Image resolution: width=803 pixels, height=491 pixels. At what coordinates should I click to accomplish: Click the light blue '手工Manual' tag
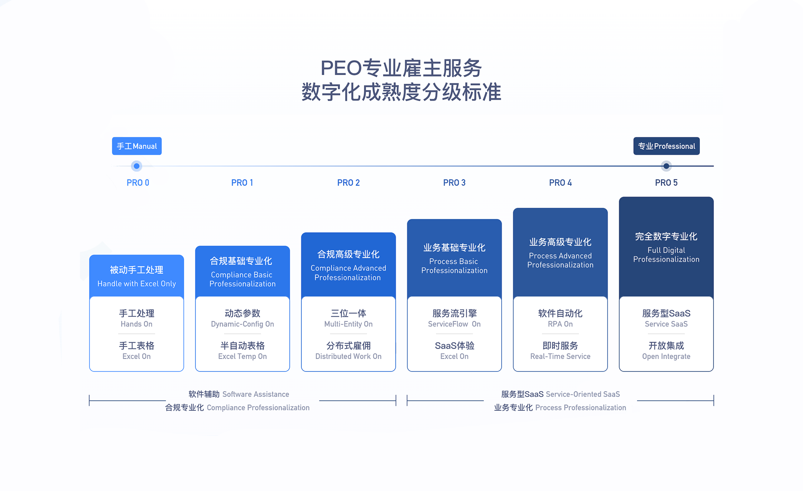[x=137, y=146]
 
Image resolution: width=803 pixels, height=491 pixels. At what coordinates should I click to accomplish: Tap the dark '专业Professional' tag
[x=667, y=146]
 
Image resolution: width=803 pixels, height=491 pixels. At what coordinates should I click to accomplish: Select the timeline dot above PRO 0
[x=137, y=166]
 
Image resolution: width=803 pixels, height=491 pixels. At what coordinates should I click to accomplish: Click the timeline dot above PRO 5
[x=666, y=166]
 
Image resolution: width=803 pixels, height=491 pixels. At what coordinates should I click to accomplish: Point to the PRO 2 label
[x=348, y=183]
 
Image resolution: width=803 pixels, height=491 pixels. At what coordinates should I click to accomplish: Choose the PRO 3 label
[x=454, y=183]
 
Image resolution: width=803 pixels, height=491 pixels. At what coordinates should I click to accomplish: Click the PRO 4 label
[x=560, y=183]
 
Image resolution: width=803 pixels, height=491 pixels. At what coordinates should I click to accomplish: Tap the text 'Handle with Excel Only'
[x=136, y=284]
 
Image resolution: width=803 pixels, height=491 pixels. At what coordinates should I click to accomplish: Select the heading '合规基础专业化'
[x=241, y=261]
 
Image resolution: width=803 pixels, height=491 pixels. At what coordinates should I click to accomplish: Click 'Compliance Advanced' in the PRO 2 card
[x=348, y=268]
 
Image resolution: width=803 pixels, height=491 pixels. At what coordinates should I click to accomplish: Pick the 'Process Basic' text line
[x=453, y=261]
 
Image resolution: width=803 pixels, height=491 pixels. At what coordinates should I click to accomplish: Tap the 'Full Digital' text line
[x=666, y=250]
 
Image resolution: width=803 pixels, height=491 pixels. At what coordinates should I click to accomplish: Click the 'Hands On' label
[x=136, y=324]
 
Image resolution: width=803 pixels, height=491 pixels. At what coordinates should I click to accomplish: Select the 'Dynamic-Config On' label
[x=242, y=324]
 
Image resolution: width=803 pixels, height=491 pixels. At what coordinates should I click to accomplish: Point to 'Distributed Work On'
[x=348, y=356]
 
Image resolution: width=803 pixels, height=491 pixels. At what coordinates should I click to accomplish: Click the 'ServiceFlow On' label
[x=454, y=324]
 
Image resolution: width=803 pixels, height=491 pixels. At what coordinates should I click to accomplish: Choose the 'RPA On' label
[x=560, y=324]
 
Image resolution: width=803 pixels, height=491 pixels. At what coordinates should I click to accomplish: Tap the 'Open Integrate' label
[x=666, y=356]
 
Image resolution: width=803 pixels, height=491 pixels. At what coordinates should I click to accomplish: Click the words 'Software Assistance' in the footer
[x=256, y=394]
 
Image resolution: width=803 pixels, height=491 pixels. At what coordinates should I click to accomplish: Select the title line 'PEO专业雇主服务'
[x=401, y=68]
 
